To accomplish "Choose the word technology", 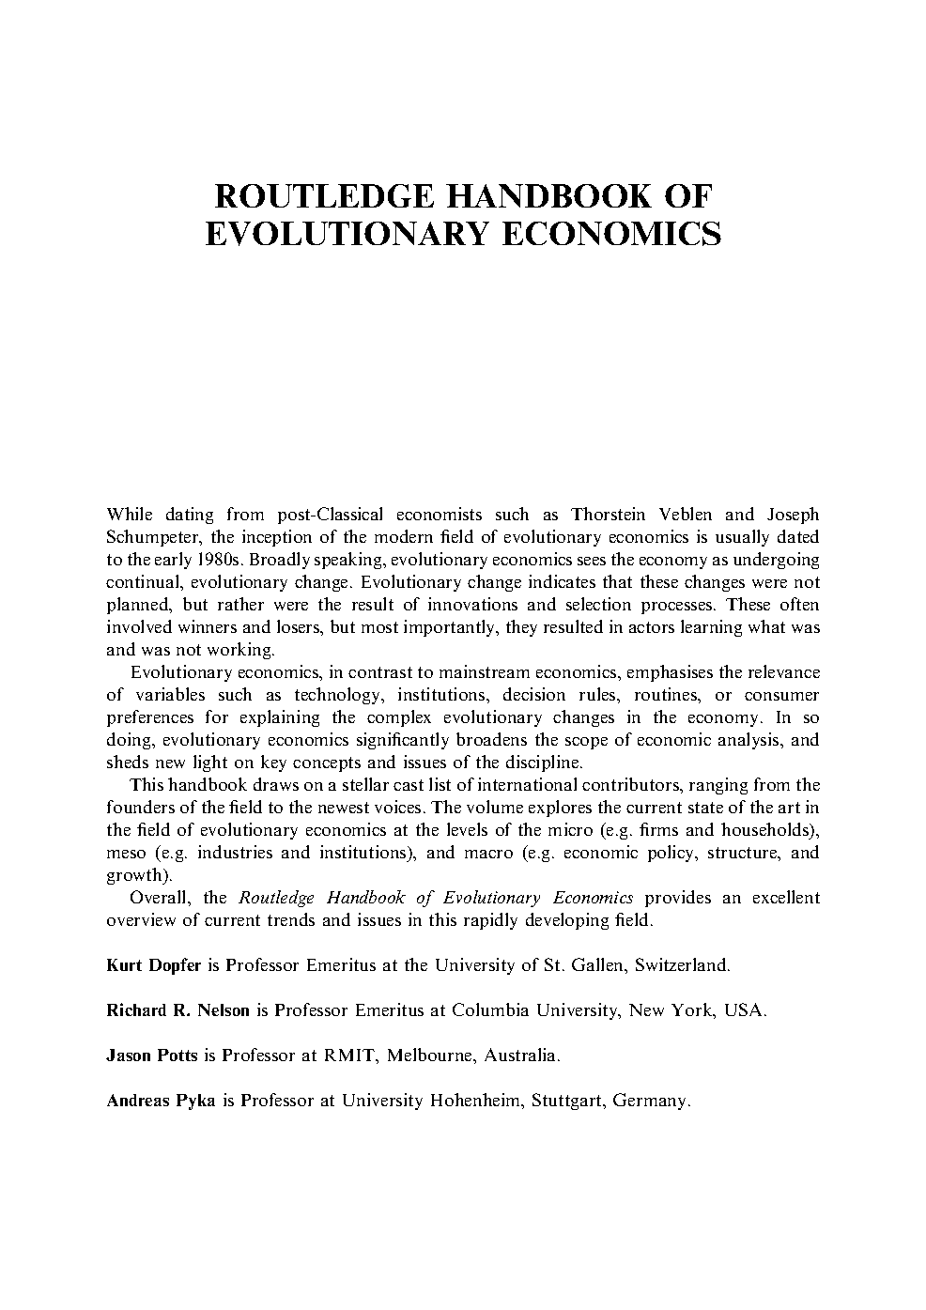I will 338,695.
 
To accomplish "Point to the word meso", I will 126,853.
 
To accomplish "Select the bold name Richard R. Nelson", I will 177,1010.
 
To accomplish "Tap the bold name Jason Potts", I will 152,1056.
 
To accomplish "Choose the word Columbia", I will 488,1010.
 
